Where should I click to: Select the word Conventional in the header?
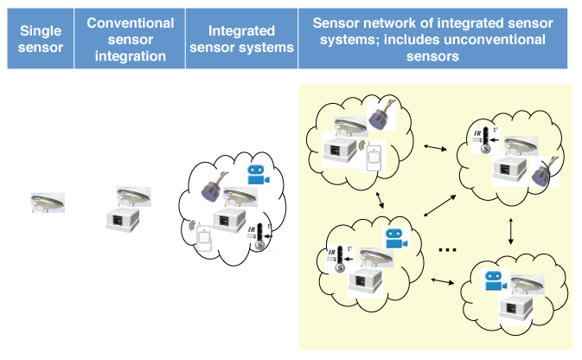tap(131, 22)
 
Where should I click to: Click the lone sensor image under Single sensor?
tap(48, 204)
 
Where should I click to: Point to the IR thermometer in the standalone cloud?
tap(256, 235)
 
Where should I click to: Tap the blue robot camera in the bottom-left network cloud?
tap(395, 240)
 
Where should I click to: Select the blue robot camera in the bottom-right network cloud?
tap(494, 281)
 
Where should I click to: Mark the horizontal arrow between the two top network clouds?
tap(431, 149)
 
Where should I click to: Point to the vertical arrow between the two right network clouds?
tap(512, 229)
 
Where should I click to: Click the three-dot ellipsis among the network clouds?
tap(446, 250)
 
